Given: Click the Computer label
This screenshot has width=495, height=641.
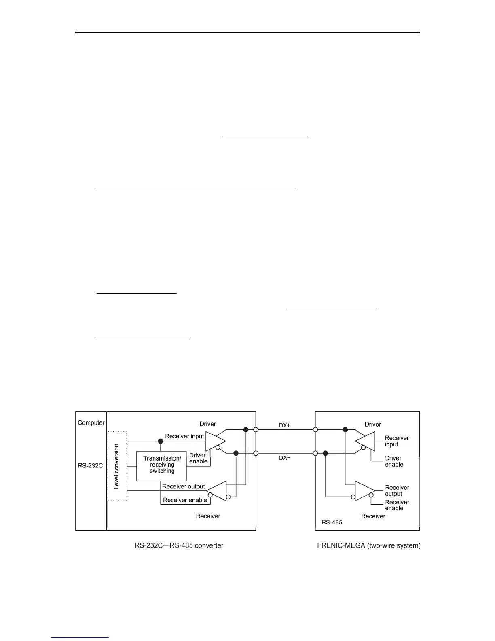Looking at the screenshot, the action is pyautogui.click(x=91, y=422).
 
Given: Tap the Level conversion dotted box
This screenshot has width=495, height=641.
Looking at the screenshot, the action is pyautogui.click(x=117, y=466).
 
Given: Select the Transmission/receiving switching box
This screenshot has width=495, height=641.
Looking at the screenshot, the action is pyautogui.click(x=162, y=465).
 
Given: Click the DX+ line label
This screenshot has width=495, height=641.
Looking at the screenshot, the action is pyautogui.click(x=285, y=425).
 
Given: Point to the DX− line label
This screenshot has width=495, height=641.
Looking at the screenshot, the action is pyautogui.click(x=285, y=458).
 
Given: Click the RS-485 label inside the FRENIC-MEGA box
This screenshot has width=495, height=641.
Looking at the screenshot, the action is pyautogui.click(x=332, y=522).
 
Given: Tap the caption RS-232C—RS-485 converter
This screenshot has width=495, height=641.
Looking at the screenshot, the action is pyautogui.click(x=179, y=545).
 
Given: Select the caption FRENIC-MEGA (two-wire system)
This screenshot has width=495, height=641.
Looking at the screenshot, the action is pyautogui.click(x=369, y=545).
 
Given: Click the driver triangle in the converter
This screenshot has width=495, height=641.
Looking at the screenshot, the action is pyautogui.click(x=214, y=441).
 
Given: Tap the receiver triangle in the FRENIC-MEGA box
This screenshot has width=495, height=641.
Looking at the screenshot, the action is pyautogui.click(x=364, y=490).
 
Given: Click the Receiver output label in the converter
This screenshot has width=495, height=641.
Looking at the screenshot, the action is pyautogui.click(x=183, y=486).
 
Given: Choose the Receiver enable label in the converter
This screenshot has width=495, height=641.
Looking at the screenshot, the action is pyautogui.click(x=185, y=500).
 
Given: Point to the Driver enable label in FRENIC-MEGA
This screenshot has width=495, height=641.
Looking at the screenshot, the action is pyautogui.click(x=394, y=461).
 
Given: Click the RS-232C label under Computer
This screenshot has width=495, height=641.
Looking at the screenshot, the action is pyautogui.click(x=90, y=465).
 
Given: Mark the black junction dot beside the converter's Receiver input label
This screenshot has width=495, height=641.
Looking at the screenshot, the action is pyautogui.click(x=161, y=441).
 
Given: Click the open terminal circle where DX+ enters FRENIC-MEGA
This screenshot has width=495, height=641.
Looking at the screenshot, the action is pyautogui.click(x=315, y=429).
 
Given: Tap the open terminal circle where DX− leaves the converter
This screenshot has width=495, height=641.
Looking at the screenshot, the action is pyautogui.click(x=256, y=453).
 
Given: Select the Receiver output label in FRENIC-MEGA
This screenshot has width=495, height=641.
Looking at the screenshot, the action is pyautogui.click(x=397, y=490).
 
